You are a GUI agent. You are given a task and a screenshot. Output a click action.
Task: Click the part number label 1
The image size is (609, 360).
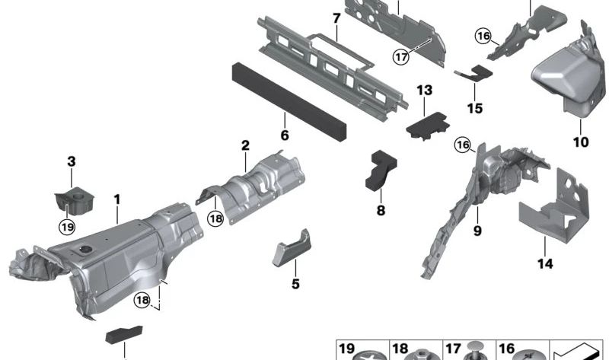click(x=117, y=199)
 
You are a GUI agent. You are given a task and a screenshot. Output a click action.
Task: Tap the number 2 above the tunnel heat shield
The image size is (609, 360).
click(x=245, y=145)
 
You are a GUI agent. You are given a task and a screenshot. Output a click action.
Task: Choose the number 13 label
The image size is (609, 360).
click(x=424, y=91)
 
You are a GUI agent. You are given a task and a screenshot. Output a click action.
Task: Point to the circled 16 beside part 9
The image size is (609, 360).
click(x=461, y=145)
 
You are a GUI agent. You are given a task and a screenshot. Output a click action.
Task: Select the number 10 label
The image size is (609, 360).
click(x=582, y=142)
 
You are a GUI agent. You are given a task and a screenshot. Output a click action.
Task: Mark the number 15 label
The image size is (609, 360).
click(x=474, y=108)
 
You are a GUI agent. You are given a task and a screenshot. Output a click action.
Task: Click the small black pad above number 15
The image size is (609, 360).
click(x=474, y=73)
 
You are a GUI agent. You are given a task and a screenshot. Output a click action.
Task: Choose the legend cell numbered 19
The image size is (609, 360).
click(x=362, y=351)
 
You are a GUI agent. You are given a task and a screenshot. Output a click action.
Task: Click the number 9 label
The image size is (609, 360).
click(x=477, y=229)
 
